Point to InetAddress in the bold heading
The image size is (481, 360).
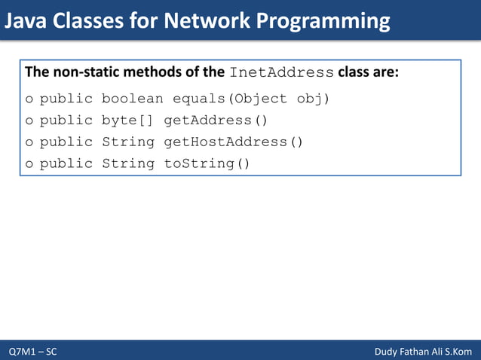click(x=281, y=73)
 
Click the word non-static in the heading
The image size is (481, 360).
click(x=83, y=73)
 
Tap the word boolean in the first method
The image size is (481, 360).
click(x=132, y=99)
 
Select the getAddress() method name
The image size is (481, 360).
click(x=216, y=121)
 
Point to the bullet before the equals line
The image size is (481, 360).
click(x=29, y=99)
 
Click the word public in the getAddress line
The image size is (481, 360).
click(x=66, y=121)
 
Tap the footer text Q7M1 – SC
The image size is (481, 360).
click(x=32, y=352)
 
